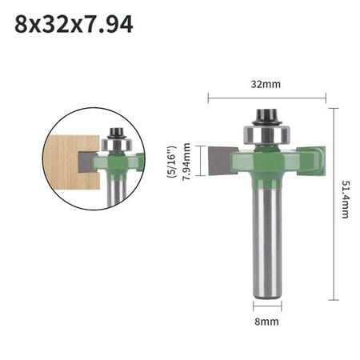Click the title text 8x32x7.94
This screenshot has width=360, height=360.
point(74,24)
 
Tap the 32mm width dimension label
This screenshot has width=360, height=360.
point(266,84)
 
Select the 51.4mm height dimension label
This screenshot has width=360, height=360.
point(346,199)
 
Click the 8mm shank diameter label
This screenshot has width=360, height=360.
point(266,322)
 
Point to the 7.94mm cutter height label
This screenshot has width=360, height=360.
point(186,162)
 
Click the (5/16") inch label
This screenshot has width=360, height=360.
point(171,162)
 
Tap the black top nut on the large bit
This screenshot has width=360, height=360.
point(267,117)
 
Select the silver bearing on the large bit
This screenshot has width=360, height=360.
point(266,134)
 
